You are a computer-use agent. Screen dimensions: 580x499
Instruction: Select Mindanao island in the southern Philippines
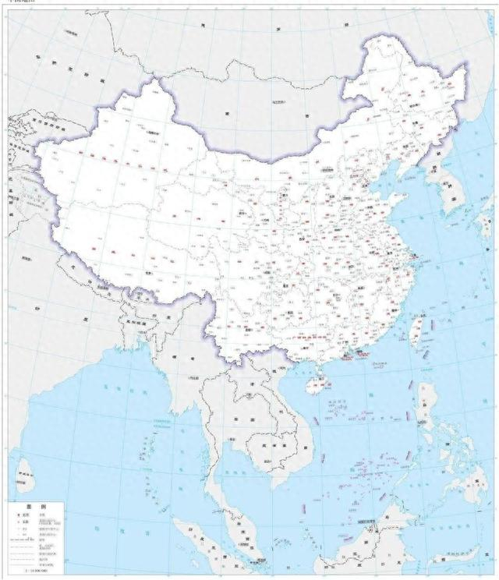(x=460, y=487)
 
